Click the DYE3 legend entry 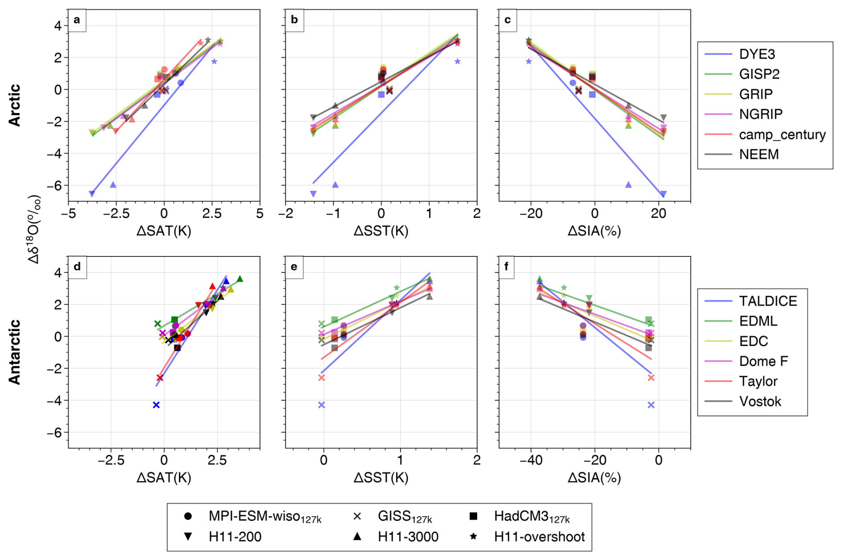point(757,54)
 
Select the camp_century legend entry point(782,134)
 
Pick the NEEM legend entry point(759,154)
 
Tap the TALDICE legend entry point(768,301)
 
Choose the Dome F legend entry point(763,361)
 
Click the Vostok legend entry point(760,402)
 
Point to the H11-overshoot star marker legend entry point(539,537)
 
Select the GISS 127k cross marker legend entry point(404,516)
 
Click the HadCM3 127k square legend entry point(531,516)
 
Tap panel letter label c point(507,20)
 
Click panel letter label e point(294,267)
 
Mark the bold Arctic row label point(15,106)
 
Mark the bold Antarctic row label point(15,352)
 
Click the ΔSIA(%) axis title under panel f point(594,478)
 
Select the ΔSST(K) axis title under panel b point(381,231)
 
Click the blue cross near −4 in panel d point(156,405)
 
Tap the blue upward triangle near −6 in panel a point(113,185)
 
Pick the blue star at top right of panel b point(457,61)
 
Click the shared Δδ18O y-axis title point(35,229)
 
